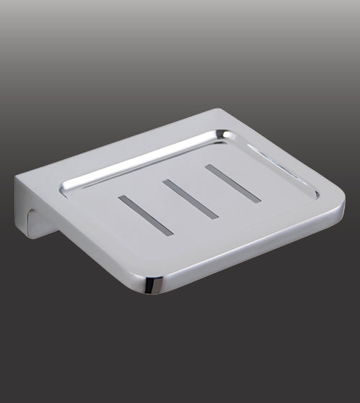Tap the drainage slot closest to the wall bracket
coord(146,214)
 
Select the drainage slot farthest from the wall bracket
coord(233,184)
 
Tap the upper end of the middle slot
coord(167,182)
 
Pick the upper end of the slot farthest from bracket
coord(209,168)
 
